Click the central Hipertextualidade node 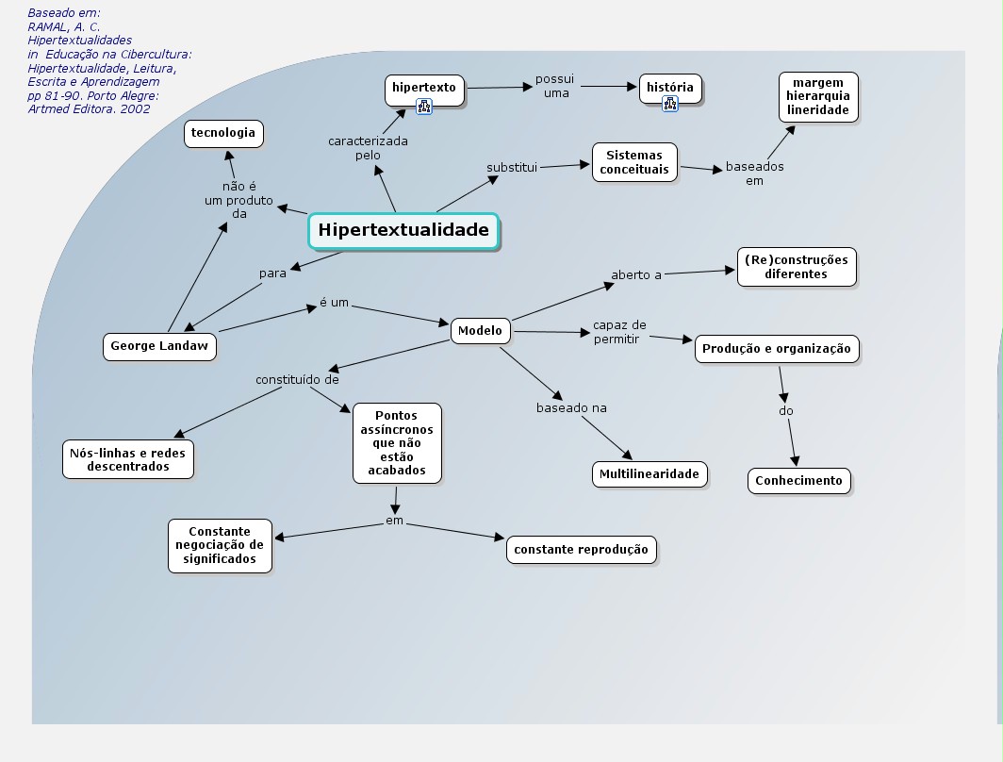403,230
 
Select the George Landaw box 159,346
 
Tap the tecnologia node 223,133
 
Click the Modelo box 481,331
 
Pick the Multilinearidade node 649,473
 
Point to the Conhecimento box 798,481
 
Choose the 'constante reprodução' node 581,550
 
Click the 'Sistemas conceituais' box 634,162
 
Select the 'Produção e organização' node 776,349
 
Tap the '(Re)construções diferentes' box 796,267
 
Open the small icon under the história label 670,104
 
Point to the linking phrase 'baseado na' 571,408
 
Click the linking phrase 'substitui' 511,168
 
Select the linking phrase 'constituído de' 297,380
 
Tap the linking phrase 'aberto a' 636,275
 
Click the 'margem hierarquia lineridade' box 818,97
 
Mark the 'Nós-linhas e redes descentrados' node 128,459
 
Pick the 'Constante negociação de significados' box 220,545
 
